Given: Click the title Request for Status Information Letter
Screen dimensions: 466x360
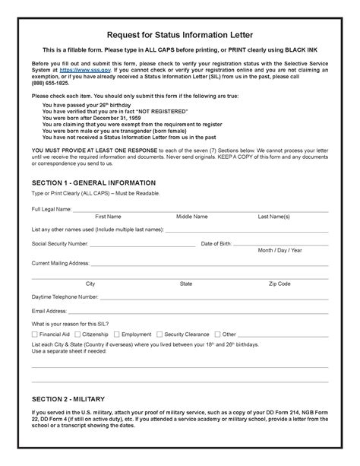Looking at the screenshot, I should click(179, 33).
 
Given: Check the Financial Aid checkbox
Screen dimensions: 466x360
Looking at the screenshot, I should click(34, 334).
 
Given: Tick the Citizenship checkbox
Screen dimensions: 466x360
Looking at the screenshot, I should click(76, 334).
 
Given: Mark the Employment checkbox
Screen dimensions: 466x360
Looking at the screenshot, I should click(117, 334).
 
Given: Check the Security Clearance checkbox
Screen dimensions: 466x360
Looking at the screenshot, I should click(159, 334).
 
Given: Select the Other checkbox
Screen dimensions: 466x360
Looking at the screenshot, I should click(217, 334).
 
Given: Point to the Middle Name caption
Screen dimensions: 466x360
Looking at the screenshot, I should click(191, 217).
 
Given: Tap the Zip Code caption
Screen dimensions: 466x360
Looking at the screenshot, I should click(279, 283).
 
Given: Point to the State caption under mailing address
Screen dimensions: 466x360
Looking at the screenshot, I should click(185, 283).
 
